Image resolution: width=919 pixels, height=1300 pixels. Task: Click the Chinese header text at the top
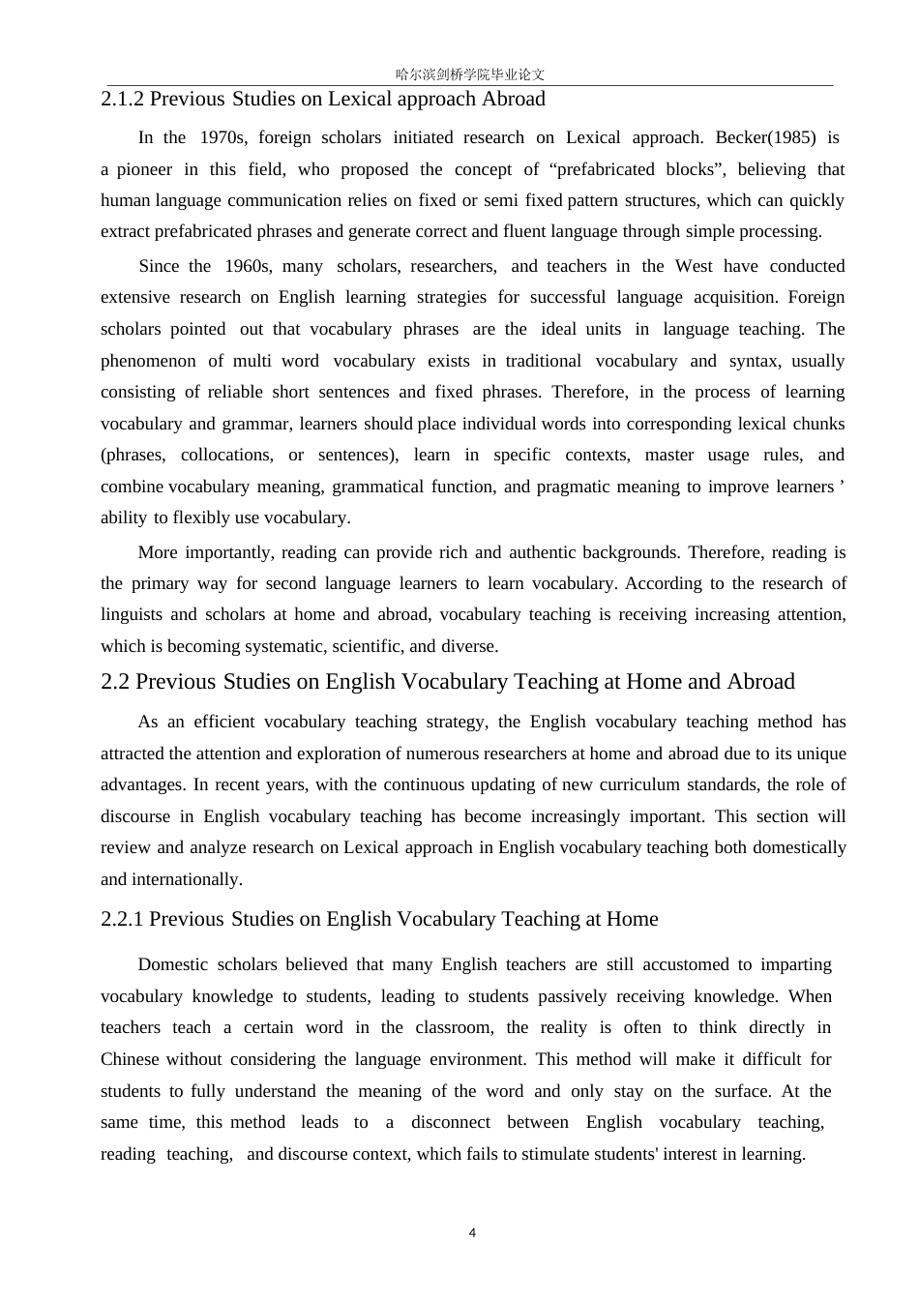coord(470,74)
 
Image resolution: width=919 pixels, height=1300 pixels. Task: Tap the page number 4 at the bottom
coord(472,1232)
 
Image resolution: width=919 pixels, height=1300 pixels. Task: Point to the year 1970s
coord(222,137)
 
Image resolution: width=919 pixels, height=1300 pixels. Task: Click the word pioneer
coord(144,169)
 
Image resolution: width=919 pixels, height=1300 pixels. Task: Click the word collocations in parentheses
coord(226,455)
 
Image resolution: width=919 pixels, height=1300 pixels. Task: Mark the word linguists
coord(130,614)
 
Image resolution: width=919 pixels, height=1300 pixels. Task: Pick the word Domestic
coord(173,964)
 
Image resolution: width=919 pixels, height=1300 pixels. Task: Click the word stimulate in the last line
coord(559,1154)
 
